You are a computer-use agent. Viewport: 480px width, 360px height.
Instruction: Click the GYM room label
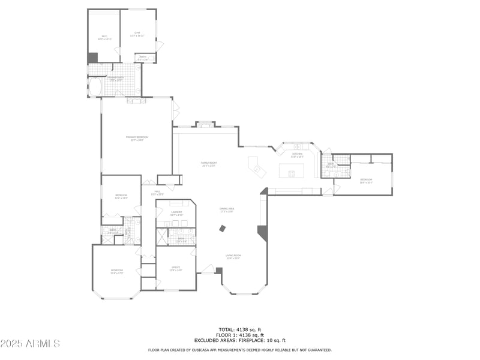(x=137, y=34)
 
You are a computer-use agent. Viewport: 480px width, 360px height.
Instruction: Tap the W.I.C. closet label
(x=104, y=38)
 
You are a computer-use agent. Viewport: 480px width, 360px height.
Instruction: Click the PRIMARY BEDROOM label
(x=137, y=138)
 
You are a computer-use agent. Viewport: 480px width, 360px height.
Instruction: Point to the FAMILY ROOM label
(x=208, y=164)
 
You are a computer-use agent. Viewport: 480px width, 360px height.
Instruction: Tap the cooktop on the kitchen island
(x=292, y=174)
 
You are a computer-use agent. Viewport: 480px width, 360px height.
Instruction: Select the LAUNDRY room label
(x=176, y=213)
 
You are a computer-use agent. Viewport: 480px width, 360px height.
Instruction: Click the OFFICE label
(x=176, y=268)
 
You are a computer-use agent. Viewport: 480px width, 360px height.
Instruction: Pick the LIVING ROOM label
(x=233, y=256)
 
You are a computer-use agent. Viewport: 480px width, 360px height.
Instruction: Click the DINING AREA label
(x=227, y=209)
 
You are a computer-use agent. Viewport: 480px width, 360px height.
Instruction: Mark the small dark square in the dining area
(x=223, y=228)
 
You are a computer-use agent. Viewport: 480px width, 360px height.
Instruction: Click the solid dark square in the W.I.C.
(x=92, y=58)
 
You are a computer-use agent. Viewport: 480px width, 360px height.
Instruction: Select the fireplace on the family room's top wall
(x=205, y=125)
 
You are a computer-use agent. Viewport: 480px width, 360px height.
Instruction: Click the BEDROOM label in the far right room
(x=366, y=181)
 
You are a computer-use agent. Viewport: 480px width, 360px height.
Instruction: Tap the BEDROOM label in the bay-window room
(x=116, y=271)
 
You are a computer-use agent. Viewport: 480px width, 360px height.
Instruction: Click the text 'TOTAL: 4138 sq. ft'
(x=239, y=329)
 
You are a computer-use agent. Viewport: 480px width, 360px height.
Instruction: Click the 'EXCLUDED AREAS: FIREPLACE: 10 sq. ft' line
(x=239, y=340)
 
